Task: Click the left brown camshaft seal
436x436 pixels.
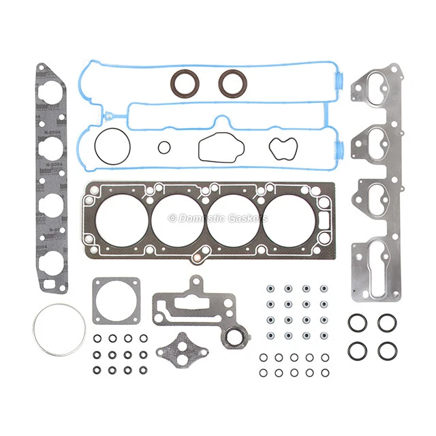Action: click(185, 83)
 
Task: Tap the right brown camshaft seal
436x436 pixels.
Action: click(232, 83)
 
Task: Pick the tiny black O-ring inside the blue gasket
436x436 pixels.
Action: click(163, 147)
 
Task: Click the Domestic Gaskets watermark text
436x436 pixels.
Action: click(218, 218)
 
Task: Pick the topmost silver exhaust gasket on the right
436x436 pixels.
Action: click(377, 89)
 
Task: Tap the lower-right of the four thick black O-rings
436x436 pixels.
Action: click(386, 350)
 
